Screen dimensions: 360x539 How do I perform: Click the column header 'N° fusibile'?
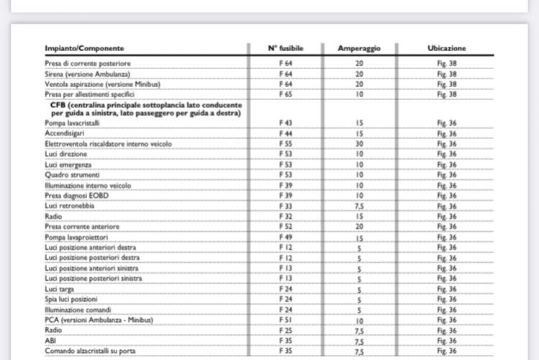[286, 48]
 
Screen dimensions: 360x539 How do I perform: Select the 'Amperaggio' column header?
[359, 48]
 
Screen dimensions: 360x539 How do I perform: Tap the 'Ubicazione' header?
[446, 48]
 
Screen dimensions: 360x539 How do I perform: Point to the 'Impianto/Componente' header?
[78, 48]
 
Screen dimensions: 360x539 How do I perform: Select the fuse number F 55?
[286, 144]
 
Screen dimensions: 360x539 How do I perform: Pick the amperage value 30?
[359, 144]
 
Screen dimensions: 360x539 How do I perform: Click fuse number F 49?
[286, 237]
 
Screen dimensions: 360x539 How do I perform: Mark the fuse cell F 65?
[286, 94]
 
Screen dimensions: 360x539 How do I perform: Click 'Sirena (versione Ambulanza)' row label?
[87, 73]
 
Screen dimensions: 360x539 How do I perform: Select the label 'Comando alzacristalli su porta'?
[90, 351]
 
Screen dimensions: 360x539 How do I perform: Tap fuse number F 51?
[286, 320]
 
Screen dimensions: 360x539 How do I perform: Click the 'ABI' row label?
[50, 341]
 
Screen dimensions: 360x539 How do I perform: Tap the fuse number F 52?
[286, 227]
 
